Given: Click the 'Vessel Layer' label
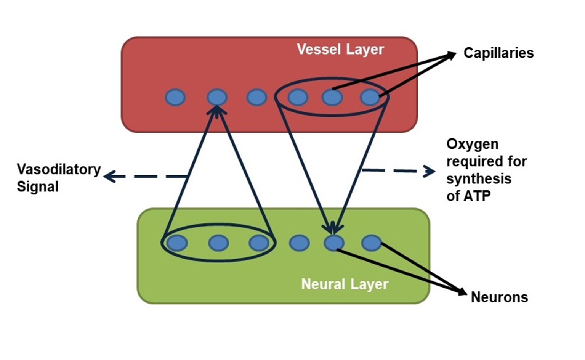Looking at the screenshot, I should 340,50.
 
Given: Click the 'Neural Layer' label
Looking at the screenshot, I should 345,284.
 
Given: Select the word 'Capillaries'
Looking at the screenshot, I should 498,53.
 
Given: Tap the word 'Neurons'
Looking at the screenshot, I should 499,297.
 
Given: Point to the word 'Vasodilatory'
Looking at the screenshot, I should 59,169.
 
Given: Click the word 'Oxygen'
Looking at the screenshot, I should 472,144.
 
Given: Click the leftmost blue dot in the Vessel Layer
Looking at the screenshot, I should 175,97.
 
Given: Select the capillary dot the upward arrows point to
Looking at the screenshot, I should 217,97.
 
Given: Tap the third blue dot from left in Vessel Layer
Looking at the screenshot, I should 256,97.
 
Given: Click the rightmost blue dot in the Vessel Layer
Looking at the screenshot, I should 370,97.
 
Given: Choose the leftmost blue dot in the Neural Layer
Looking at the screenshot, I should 177,243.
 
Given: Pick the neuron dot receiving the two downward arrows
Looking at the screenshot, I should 334,243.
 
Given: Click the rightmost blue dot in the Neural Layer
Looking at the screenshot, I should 371,243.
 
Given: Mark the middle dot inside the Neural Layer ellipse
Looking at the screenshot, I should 218,243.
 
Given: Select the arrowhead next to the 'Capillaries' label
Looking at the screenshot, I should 452,55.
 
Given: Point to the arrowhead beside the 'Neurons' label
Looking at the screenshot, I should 463,293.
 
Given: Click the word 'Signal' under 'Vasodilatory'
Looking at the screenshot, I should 38,187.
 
